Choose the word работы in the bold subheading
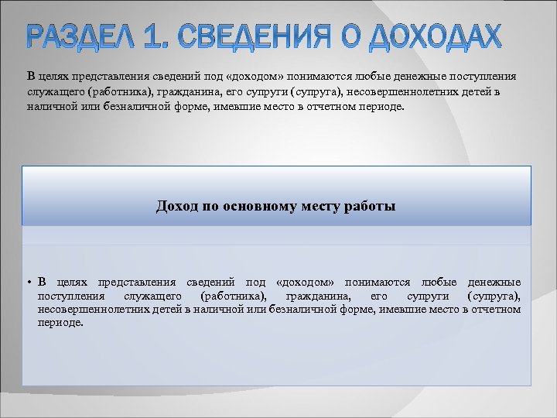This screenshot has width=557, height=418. [371, 207]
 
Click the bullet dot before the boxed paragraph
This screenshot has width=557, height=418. [27, 283]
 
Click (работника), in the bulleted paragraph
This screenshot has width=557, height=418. [232, 296]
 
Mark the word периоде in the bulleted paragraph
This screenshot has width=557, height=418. [60, 323]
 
